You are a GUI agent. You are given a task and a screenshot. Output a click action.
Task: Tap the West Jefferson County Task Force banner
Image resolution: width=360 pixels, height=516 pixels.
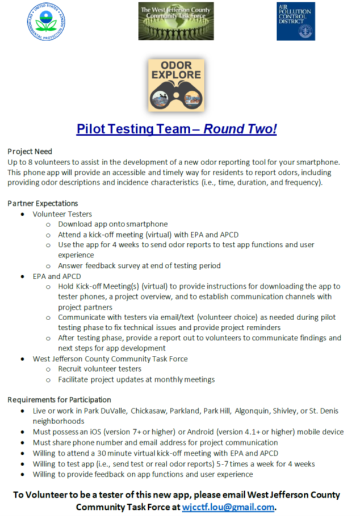tap(176, 21)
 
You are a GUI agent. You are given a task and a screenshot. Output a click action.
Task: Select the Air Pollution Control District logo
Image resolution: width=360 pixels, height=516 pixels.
tap(295, 21)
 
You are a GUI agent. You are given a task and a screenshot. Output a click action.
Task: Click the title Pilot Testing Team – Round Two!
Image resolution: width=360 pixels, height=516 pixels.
tap(177, 129)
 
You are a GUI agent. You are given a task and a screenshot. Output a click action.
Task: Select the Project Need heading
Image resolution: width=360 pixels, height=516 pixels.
tap(30, 152)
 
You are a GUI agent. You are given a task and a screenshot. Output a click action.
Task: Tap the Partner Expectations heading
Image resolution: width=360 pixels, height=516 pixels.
tap(43, 203)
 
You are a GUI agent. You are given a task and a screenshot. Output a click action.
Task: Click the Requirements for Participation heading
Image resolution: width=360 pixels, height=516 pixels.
tap(59, 400)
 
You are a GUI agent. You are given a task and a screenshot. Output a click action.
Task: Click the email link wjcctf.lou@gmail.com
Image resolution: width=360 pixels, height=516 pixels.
tap(228, 506)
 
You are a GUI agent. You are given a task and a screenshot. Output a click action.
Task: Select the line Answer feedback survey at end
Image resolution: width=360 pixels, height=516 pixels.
tap(139, 265)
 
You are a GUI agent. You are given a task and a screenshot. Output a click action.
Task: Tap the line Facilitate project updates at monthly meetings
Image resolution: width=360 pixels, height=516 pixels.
tap(136, 379)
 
